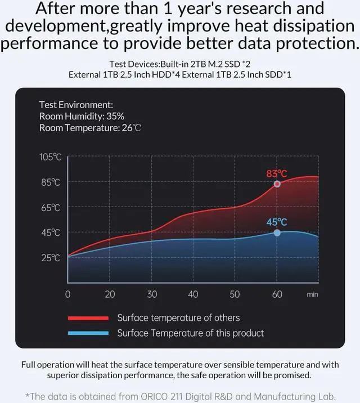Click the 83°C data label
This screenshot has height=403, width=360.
point(277,173)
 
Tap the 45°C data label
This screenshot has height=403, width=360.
point(277,222)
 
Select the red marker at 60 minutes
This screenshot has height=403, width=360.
point(277,184)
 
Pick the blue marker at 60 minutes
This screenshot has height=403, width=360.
point(277,232)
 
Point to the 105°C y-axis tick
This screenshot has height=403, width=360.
point(50,157)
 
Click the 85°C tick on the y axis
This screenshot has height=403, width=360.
point(50,182)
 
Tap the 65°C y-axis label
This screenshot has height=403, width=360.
point(50,208)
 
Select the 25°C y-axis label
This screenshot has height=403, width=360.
point(50,258)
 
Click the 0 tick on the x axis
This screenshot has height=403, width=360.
point(68,294)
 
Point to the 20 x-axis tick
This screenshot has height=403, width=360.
point(110,294)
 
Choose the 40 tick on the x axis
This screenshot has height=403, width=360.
point(193,294)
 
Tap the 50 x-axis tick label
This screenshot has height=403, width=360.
point(235,294)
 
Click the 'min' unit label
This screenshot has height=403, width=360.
point(313,294)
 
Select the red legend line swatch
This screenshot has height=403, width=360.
point(88,318)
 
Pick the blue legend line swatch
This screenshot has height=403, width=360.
point(88,333)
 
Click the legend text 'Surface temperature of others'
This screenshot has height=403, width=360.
point(178,318)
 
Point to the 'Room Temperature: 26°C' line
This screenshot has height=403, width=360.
point(90,128)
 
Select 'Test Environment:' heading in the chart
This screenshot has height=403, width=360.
point(76,105)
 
